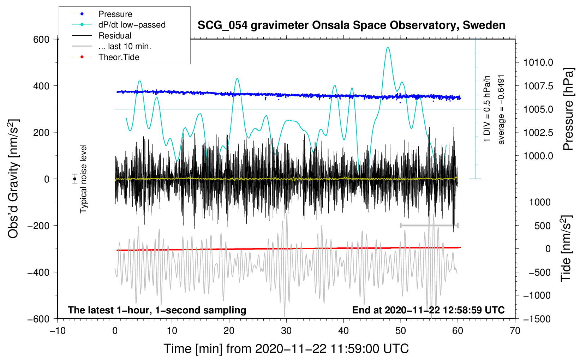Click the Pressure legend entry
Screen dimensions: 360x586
(115, 14)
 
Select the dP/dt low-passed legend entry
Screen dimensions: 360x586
(132, 25)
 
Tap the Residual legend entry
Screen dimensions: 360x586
(115, 36)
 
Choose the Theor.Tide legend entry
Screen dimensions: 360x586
(119, 57)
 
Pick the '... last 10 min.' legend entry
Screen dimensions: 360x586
(125, 46)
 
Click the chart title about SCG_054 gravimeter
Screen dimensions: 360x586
(351, 25)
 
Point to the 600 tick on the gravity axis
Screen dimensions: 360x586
(41, 39)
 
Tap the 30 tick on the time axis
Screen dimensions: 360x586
(286, 331)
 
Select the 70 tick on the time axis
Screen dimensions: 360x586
(515, 331)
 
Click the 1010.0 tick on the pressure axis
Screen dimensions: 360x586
(538, 63)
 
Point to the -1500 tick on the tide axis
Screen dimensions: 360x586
(537, 319)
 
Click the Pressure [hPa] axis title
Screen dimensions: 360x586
(568, 109)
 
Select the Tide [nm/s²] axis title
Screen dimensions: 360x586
(566, 249)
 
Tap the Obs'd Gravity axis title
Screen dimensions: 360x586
(13, 179)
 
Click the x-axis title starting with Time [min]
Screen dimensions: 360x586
(286, 349)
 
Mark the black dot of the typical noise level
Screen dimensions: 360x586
(74, 179)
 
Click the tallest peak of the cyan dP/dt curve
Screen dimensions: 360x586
(388, 48)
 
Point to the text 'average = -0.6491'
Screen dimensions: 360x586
(501, 109)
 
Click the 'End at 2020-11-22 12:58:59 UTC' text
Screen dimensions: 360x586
(428, 310)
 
